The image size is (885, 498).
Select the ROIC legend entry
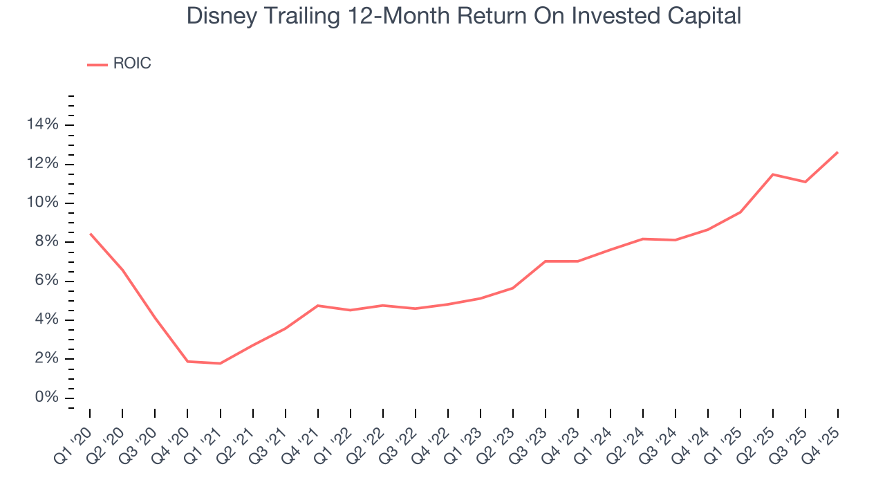(x=131, y=64)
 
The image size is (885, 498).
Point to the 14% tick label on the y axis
(x=42, y=124)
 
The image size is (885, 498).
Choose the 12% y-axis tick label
(x=42, y=164)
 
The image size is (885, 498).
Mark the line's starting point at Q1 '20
(x=90, y=234)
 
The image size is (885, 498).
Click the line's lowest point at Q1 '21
(x=220, y=363)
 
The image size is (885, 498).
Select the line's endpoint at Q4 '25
(x=838, y=152)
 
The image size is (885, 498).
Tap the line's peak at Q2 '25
(x=773, y=174)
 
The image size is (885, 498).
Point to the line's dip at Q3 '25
(x=805, y=182)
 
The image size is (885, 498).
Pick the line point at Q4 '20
(x=187, y=361)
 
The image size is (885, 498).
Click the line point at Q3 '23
(x=546, y=261)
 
